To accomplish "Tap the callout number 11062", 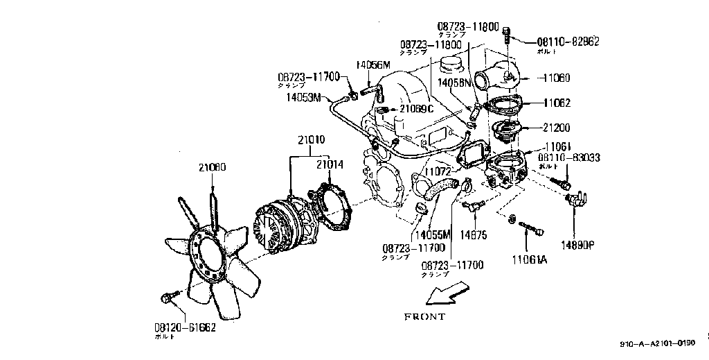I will click(556, 103).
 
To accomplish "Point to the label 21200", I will click(556, 128).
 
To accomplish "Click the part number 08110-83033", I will click(568, 158).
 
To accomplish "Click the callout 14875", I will click(474, 235).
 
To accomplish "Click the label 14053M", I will click(303, 98).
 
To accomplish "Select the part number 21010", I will click(312, 139).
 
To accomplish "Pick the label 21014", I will click(330, 164).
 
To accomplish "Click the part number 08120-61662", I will click(184, 326).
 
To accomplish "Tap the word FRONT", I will click(425, 316).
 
